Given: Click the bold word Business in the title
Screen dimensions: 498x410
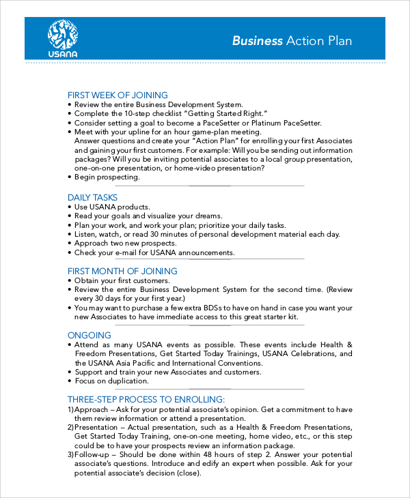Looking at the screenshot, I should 257,40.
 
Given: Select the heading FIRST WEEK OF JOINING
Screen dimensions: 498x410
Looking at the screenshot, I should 118,95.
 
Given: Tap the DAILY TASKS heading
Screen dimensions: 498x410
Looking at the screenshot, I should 92,197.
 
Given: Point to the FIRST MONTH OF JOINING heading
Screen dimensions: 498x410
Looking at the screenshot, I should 122,271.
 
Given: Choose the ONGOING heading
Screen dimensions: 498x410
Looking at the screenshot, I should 90,335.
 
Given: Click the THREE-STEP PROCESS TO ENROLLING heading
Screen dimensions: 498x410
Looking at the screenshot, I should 146,399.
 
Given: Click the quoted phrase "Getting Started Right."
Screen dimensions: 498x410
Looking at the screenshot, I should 225,113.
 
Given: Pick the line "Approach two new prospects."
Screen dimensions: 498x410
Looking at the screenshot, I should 125,243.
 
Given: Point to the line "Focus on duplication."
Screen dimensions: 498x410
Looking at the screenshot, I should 113,381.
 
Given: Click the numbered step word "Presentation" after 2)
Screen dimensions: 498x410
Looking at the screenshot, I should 100,426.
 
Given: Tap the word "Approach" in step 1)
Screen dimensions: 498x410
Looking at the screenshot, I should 93,409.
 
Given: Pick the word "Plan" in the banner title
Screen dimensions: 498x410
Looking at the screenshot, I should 340,40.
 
